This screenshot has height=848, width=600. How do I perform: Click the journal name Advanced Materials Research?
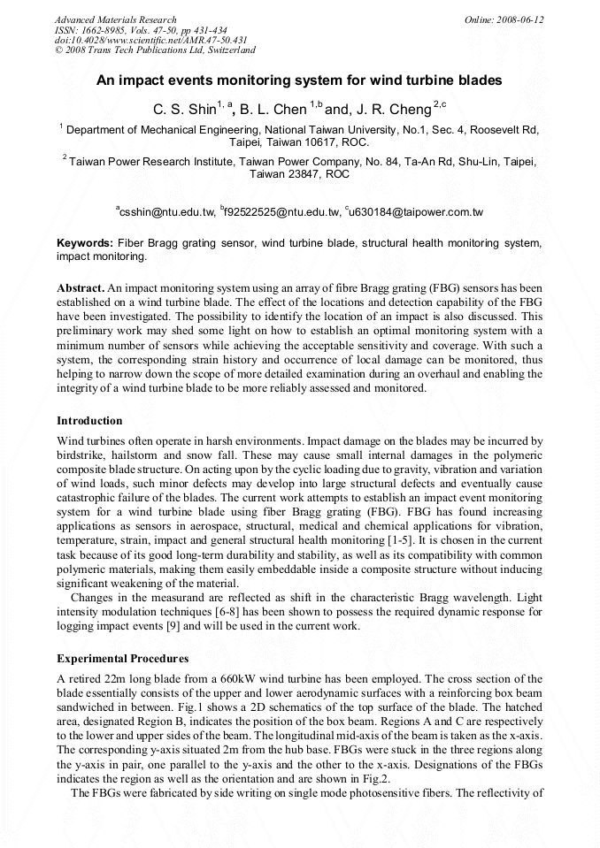pos(115,19)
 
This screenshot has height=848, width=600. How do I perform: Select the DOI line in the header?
pos(150,41)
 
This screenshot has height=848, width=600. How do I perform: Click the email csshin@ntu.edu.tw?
pos(168,212)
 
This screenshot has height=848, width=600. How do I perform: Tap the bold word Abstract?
pos(81,288)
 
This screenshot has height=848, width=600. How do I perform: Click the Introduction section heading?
pos(89,420)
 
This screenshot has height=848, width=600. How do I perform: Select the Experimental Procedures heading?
pos(123,659)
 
